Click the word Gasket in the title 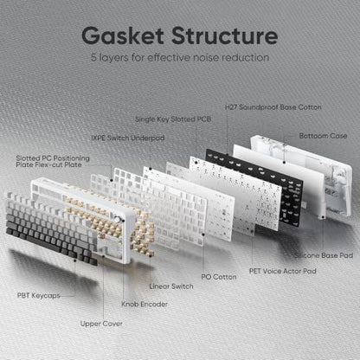pyautogui.click(x=123, y=35)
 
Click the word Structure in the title pyautogui.click(x=225, y=35)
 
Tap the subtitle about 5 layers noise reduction pyautogui.click(x=180, y=57)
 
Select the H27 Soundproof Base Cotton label pyautogui.click(x=273, y=107)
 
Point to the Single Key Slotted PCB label pyautogui.click(x=173, y=119)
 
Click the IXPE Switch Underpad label pyautogui.click(x=128, y=138)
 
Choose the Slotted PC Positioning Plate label pyautogui.click(x=53, y=162)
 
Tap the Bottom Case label pyautogui.click(x=323, y=136)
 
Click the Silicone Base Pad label pyautogui.click(x=324, y=255)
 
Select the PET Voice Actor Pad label pyautogui.click(x=283, y=271)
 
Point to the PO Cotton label pyautogui.click(x=219, y=277)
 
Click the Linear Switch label pyautogui.click(x=171, y=286)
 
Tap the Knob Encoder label pyautogui.click(x=145, y=304)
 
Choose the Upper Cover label pyautogui.click(x=101, y=324)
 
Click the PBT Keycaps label pyautogui.click(x=39, y=296)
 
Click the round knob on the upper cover pyautogui.click(x=118, y=219)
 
